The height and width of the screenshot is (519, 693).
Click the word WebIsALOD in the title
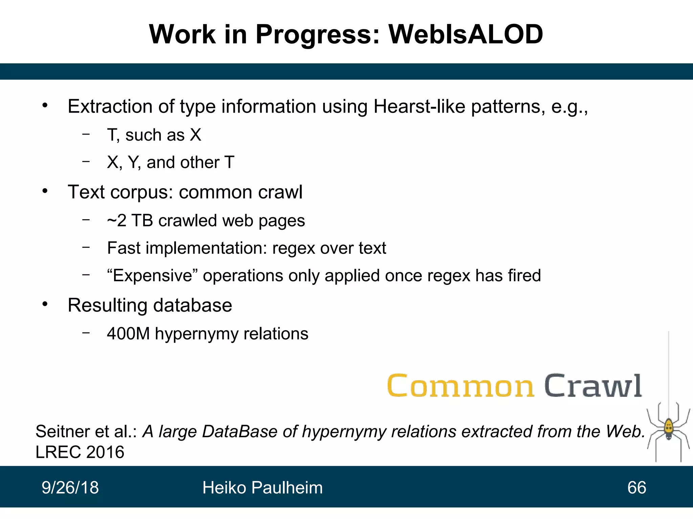click(466, 34)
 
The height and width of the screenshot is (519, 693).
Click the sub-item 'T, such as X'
click(154, 135)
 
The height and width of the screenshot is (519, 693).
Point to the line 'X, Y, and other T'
click(171, 163)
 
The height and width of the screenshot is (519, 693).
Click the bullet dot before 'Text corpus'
click(45, 192)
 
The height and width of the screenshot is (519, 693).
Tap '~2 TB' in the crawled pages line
click(130, 221)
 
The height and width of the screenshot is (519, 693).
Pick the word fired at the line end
click(524, 276)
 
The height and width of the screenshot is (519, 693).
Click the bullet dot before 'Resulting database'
click(45, 304)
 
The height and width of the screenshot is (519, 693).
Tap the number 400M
click(128, 334)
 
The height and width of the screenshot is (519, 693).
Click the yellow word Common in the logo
click(461, 386)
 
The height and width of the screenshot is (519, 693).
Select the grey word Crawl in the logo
click(593, 386)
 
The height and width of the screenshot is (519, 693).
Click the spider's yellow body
click(668, 428)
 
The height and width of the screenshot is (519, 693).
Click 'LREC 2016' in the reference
click(80, 452)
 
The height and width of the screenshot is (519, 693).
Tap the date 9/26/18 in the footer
click(70, 488)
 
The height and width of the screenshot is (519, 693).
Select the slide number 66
click(636, 488)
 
